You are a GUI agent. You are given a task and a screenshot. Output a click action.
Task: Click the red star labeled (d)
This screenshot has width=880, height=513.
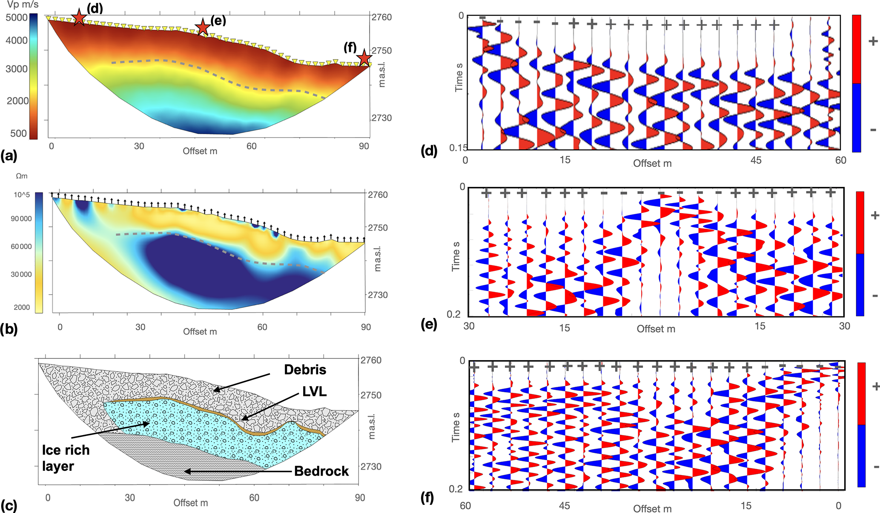[79, 17]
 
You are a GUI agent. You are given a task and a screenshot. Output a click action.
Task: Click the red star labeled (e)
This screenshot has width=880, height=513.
[203, 27]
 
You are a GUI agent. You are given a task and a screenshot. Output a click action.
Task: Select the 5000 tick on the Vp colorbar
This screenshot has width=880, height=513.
[17, 18]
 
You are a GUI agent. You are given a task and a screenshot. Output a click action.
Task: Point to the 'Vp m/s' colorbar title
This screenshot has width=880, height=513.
[23, 5]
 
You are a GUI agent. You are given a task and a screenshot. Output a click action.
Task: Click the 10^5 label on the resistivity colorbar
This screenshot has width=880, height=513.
[22, 195]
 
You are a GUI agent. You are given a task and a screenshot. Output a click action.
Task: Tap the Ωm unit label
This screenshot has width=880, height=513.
[22, 176]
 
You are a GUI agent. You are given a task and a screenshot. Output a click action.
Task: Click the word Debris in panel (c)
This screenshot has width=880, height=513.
[305, 370]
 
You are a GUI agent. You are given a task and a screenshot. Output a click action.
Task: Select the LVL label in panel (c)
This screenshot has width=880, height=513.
[314, 391]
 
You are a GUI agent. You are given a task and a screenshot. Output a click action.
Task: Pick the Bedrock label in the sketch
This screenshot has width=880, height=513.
[321, 471]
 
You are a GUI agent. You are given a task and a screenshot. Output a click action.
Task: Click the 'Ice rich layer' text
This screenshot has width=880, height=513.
[66, 458]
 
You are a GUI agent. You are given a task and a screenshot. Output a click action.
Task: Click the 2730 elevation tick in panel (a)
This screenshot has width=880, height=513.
[381, 118]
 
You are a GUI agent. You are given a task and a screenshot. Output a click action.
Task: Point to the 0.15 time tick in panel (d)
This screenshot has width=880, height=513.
[458, 148]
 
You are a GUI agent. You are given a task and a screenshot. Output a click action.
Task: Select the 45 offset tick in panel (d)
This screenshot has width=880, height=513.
[756, 160]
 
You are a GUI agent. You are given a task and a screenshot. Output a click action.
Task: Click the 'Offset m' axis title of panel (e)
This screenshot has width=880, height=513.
[656, 329]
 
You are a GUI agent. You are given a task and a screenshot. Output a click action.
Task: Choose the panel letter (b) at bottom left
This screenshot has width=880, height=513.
[9, 329]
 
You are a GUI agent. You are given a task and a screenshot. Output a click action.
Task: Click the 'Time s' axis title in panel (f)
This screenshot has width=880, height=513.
[456, 427]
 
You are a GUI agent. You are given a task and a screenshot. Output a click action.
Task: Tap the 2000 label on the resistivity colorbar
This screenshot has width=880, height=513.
[22, 307]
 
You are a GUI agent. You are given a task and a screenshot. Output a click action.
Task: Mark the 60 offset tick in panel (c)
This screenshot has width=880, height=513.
[254, 498]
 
